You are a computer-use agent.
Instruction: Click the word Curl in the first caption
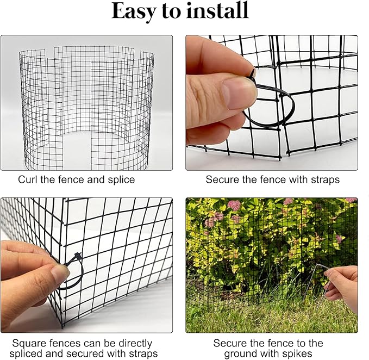pyautogui.click(x=28, y=179)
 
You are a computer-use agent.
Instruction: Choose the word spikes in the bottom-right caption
pyautogui.click(x=297, y=354)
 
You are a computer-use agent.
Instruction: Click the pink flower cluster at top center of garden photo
pyautogui.click(x=234, y=205)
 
